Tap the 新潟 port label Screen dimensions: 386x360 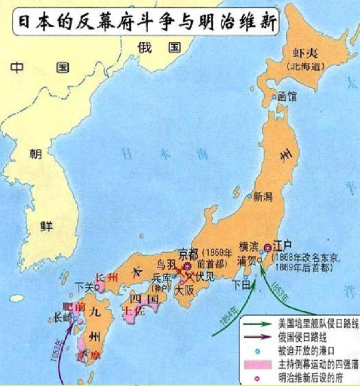[x=262, y=197]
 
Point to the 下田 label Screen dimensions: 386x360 [x=242, y=285]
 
